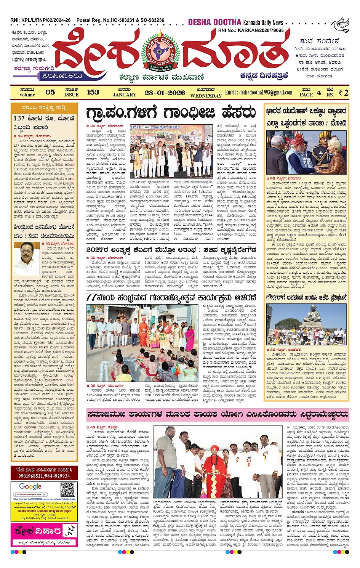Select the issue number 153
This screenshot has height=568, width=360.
tap(93, 92)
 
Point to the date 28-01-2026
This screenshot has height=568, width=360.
tap(165, 92)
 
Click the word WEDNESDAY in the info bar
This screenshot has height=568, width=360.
tap(206, 95)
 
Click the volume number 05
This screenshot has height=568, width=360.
tap(50, 92)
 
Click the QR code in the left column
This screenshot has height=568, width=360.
tap(68, 489)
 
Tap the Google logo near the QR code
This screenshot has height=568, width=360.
tap(30, 486)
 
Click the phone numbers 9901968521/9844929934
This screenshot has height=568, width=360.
tap(44, 476)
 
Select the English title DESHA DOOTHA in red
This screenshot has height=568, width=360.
tap(214, 22)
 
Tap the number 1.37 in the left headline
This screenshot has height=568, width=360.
tap(19, 118)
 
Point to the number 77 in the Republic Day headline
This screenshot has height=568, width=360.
tap(91, 297)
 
